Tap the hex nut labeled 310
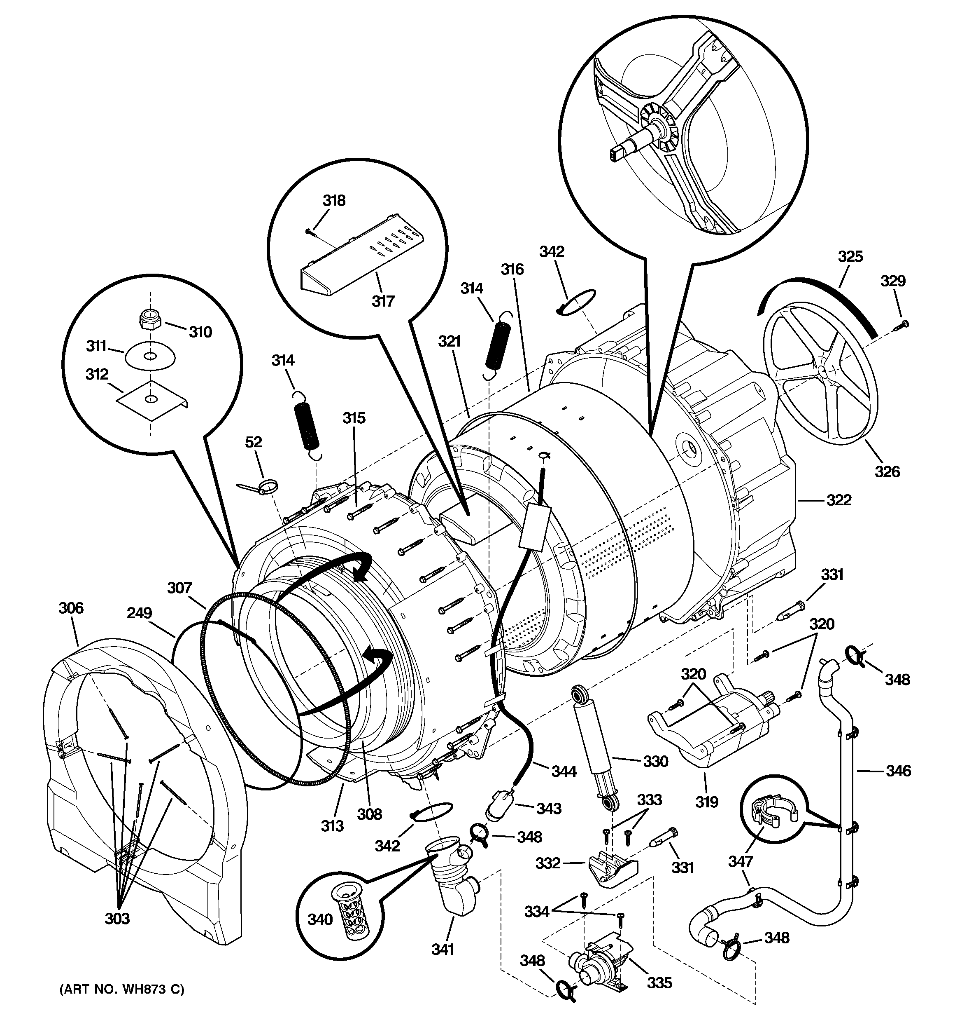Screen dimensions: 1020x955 click(x=150, y=321)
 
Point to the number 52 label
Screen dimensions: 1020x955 click(x=253, y=442)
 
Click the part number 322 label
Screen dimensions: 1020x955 click(x=839, y=500)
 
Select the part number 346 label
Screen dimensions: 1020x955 click(x=898, y=771)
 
